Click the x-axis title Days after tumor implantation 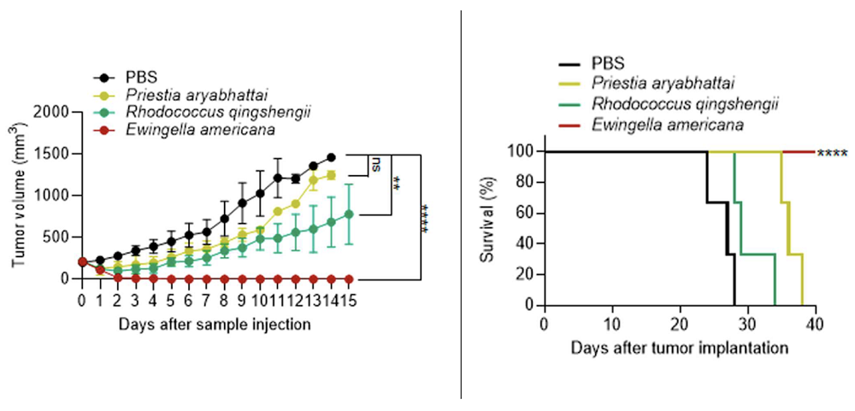tap(680, 349)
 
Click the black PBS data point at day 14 tap(331, 157)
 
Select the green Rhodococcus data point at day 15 tap(348, 214)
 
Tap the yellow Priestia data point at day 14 tap(331, 174)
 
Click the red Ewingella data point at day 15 tap(348, 279)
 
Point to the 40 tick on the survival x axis tap(816, 324)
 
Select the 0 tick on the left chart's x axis tap(82, 300)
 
